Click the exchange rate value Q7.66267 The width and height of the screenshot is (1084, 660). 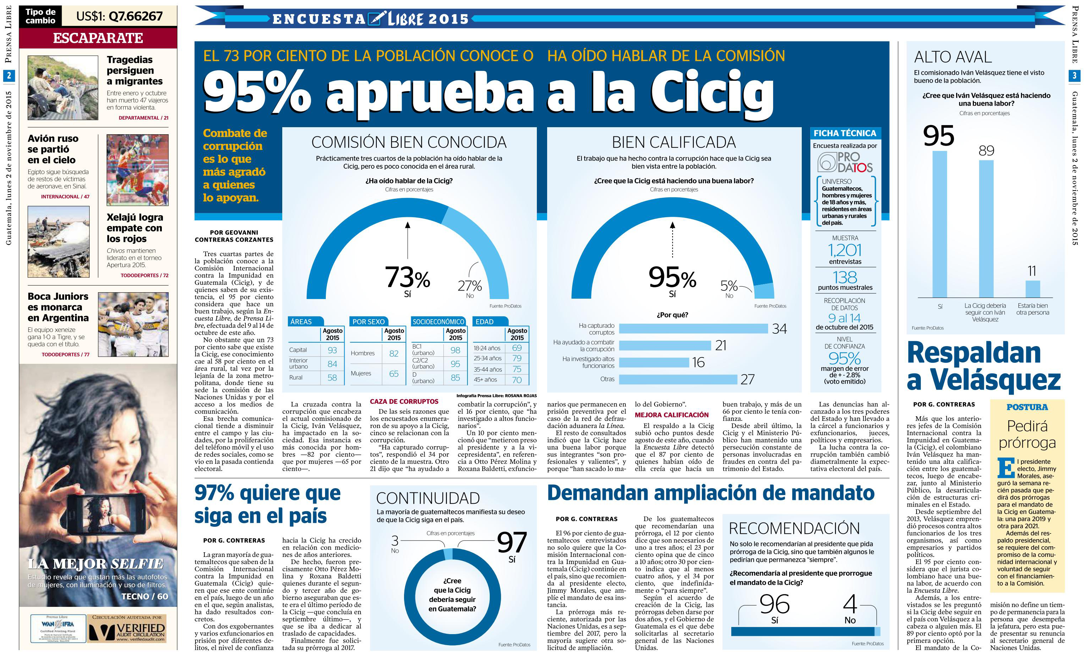(119, 16)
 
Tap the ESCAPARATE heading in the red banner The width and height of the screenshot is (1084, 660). (98, 38)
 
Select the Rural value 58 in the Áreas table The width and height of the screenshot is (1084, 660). (332, 378)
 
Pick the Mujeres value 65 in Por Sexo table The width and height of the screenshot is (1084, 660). (394, 373)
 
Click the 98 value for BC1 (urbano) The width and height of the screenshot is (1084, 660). (455, 350)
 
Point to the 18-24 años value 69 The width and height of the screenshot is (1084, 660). (517, 348)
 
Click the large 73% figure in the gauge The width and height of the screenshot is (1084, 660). (407, 277)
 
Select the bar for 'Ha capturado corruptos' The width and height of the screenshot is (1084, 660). (693, 329)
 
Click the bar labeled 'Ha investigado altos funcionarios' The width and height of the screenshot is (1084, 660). (654, 362)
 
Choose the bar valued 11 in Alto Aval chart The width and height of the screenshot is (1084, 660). (1033, 289)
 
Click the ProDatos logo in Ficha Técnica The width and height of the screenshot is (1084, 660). (845, 162)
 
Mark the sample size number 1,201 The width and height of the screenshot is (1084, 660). (845, 250)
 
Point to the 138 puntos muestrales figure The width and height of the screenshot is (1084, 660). (845, 277)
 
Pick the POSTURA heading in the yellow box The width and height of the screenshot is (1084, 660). (1027, 407)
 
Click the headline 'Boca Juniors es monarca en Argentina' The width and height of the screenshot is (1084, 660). (58, 307)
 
